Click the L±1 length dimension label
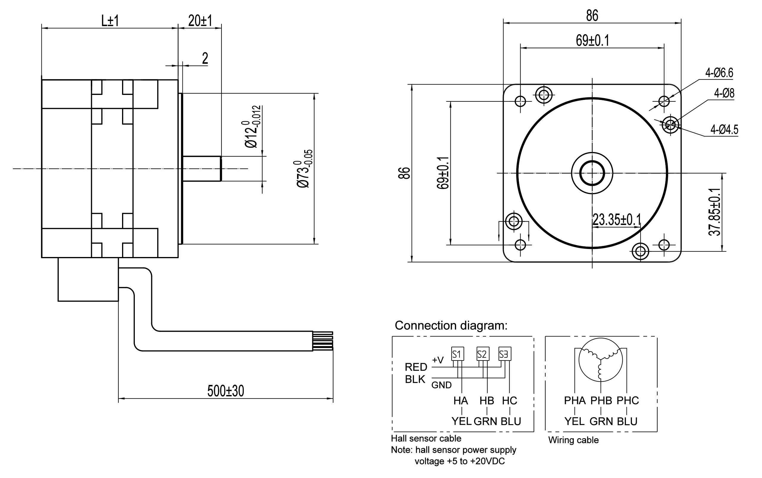(x=110, y=21)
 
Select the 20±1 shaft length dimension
(x=200, y=21)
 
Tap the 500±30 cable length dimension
(x=226, y=391)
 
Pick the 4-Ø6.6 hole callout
(x=719, y=73)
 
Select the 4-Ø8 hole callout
(x=724, y=93)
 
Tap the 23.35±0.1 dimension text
(x=616, y=220)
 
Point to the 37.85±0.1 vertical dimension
(x=714, y=212)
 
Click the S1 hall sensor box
(x=457, y=354)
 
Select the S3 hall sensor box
(x=505, y=354)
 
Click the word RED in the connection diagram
(x=416, y=367)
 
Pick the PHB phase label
(x=601, y=401)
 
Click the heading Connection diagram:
(x=451, y=325)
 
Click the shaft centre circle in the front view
(x=592, y=173)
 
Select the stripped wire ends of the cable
(x=323, y=341)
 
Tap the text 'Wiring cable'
(x=573, y=440)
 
